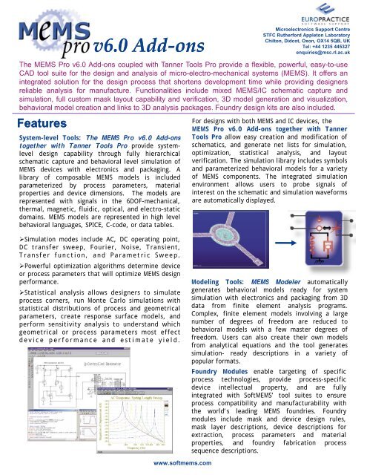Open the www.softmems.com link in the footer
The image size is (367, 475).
tap(183, 465)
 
